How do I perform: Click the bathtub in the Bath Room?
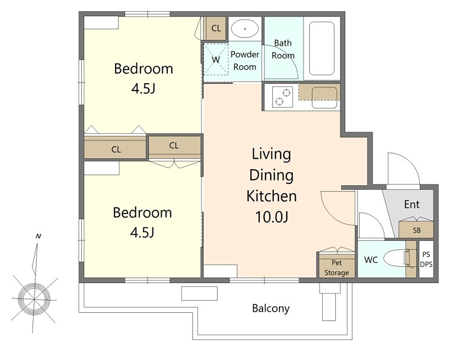tap(322, 48)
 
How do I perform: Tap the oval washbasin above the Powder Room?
tap(245, 29)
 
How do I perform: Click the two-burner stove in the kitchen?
tap(282, 97)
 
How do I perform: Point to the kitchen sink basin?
tap(324, 98)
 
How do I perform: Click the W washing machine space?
tap(216, 60)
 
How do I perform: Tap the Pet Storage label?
tap(336, 268)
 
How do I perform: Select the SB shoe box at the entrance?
tap(416, 229)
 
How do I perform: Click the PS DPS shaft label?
tap(426, 259)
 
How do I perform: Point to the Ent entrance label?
tap(412, 204)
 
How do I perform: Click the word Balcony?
tap(271, 308)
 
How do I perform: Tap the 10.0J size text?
tap(271, 217)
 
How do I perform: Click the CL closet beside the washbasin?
tap(216, 28)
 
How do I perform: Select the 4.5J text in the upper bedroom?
tap(143, 89)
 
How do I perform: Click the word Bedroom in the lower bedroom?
tap(143, 212)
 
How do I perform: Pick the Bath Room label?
tap(283, 49)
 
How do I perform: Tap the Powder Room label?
tap(245, 61)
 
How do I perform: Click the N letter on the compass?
tap(38, 236)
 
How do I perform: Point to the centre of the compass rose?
tap(34, 299)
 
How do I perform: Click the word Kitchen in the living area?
tap(272, 196)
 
